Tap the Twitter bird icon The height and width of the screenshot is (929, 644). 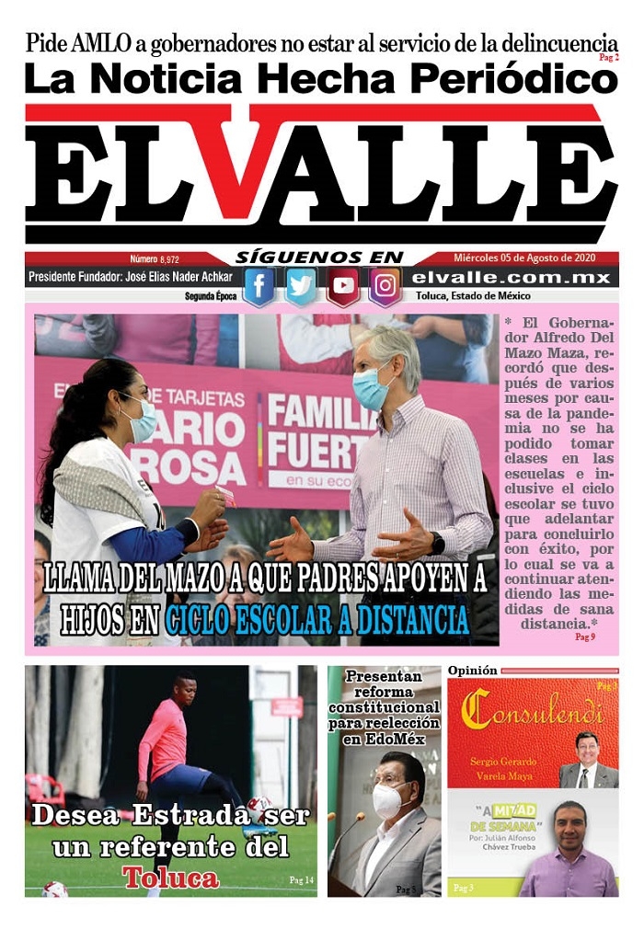coord(301,286)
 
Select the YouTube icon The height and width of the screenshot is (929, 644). coord(343,286)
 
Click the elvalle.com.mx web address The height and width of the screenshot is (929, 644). coord(511,277)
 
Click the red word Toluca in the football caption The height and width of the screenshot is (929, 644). coord(171,877)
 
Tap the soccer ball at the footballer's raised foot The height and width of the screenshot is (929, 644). coord(259,807)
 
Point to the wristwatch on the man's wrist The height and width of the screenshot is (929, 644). coord(437,544)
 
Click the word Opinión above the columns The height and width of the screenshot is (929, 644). coord(472,671)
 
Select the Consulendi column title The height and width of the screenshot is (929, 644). coord(533,708)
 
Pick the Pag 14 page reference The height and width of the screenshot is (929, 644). coord(301,880)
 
